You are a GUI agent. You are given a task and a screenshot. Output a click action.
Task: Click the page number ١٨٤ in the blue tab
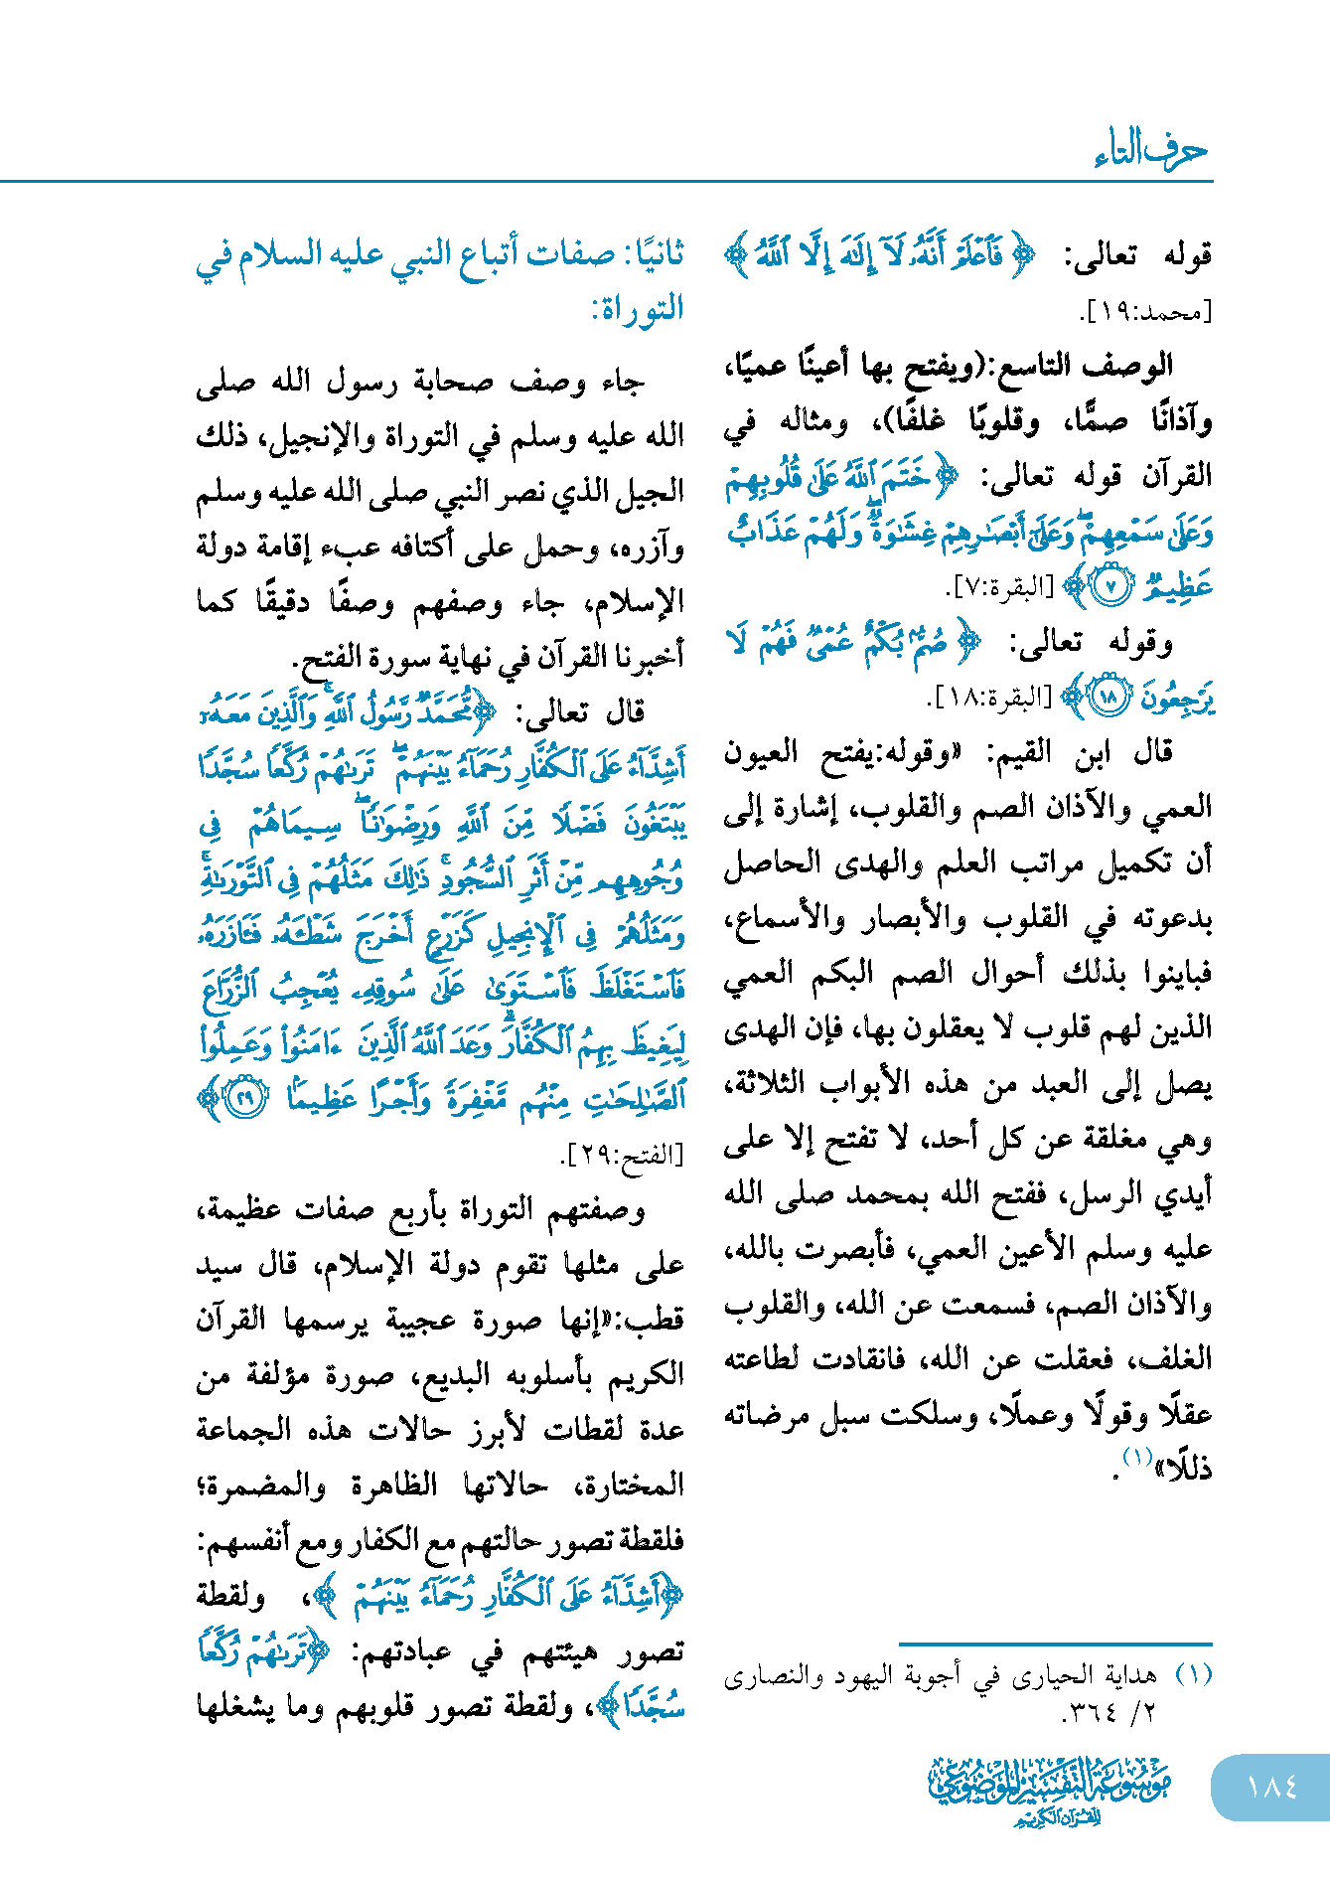(1272, 1787)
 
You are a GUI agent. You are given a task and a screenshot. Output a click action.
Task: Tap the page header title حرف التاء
(1151, 150)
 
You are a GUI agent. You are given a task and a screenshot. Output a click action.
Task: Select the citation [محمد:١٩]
(1146, 313)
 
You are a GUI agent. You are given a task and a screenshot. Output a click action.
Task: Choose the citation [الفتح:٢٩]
(623, 1155)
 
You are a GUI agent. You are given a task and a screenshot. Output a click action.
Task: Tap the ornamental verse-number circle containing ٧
(1111, 587)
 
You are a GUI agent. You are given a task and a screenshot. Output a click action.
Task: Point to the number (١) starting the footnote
(1194, 1674)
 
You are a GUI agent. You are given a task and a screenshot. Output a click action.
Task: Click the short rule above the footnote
(1055, 1644)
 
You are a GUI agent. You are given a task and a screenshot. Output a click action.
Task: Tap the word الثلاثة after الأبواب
(774, 1083)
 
